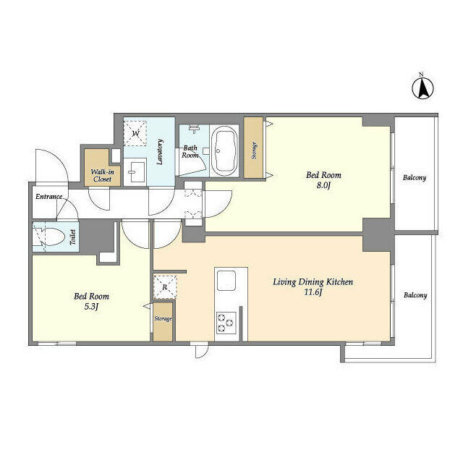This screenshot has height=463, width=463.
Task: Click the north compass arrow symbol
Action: (x=422, y=88)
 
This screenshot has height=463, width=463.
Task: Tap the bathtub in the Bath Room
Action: (x=224, y=150)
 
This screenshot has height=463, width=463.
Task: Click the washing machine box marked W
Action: (x=135, y=133)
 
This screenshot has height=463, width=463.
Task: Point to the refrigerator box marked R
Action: (x=165, y=287)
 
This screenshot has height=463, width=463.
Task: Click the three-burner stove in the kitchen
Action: (x=226, y=323)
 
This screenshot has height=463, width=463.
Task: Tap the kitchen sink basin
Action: (x=226, y=281)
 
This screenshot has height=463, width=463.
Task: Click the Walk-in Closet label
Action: (x=102, y=175)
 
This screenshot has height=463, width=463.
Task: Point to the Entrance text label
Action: (x=49, y=197)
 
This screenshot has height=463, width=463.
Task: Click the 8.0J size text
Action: (x=323, y=186)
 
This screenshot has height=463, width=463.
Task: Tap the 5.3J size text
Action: (x=91, y=307)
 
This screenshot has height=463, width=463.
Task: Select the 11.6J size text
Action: (x=313, y=292)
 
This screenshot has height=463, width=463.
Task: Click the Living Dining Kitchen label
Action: (x=313, y=282)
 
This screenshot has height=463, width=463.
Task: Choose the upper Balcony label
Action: (x=415, y=178)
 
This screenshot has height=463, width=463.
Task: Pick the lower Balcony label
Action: (x=415, y=295)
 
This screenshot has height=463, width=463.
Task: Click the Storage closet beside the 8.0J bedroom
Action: (x=253, y=148)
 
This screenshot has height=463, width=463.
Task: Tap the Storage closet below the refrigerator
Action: (x=163, y=322)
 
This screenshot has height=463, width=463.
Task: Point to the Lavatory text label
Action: (x=160, y=152)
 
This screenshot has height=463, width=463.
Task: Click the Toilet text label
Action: (x=72, y=237)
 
